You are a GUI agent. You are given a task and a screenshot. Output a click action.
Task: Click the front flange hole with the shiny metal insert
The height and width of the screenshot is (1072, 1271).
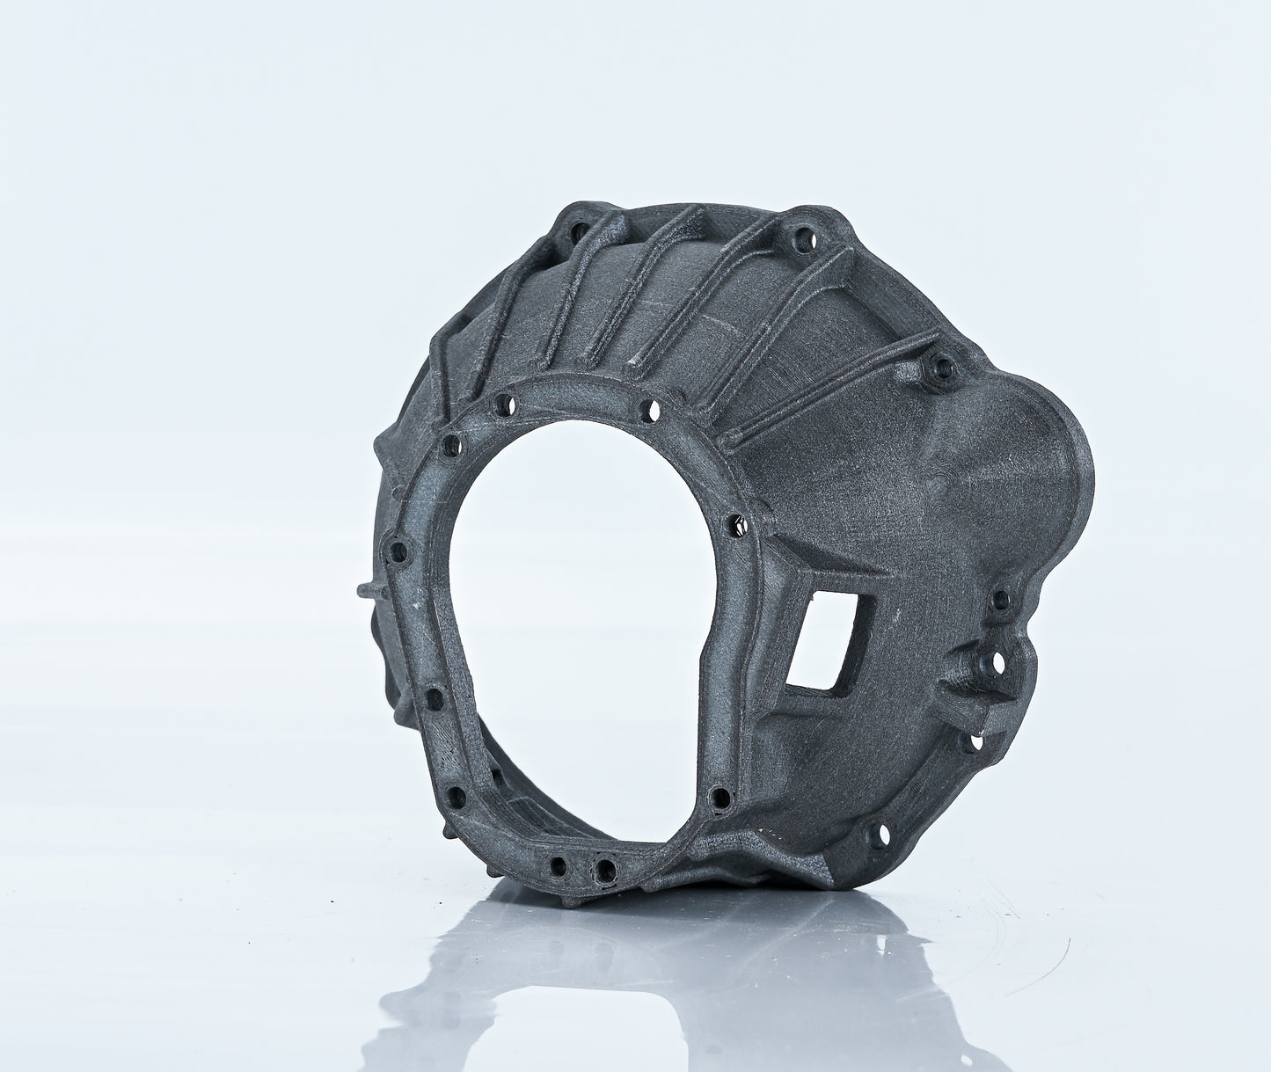click(x=741, y=525)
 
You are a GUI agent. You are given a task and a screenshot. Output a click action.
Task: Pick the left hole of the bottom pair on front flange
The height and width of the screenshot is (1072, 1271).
click(x=558, y=864)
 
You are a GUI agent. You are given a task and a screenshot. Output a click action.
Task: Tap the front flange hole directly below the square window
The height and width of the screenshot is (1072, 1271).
click(x=720, y=799)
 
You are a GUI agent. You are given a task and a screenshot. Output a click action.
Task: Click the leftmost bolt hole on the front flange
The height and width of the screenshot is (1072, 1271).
click(x=398, y=553)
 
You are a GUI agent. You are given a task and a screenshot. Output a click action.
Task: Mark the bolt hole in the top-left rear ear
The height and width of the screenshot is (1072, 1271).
click(x=578, y=230)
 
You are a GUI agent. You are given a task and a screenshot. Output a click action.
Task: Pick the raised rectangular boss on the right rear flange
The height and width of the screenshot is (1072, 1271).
click(x=976, y=677)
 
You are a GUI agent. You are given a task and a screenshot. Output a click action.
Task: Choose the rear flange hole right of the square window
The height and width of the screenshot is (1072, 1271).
click(x=1000, y=602)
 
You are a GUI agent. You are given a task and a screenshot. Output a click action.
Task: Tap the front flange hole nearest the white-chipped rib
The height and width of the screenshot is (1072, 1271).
click(x=648, y=408)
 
